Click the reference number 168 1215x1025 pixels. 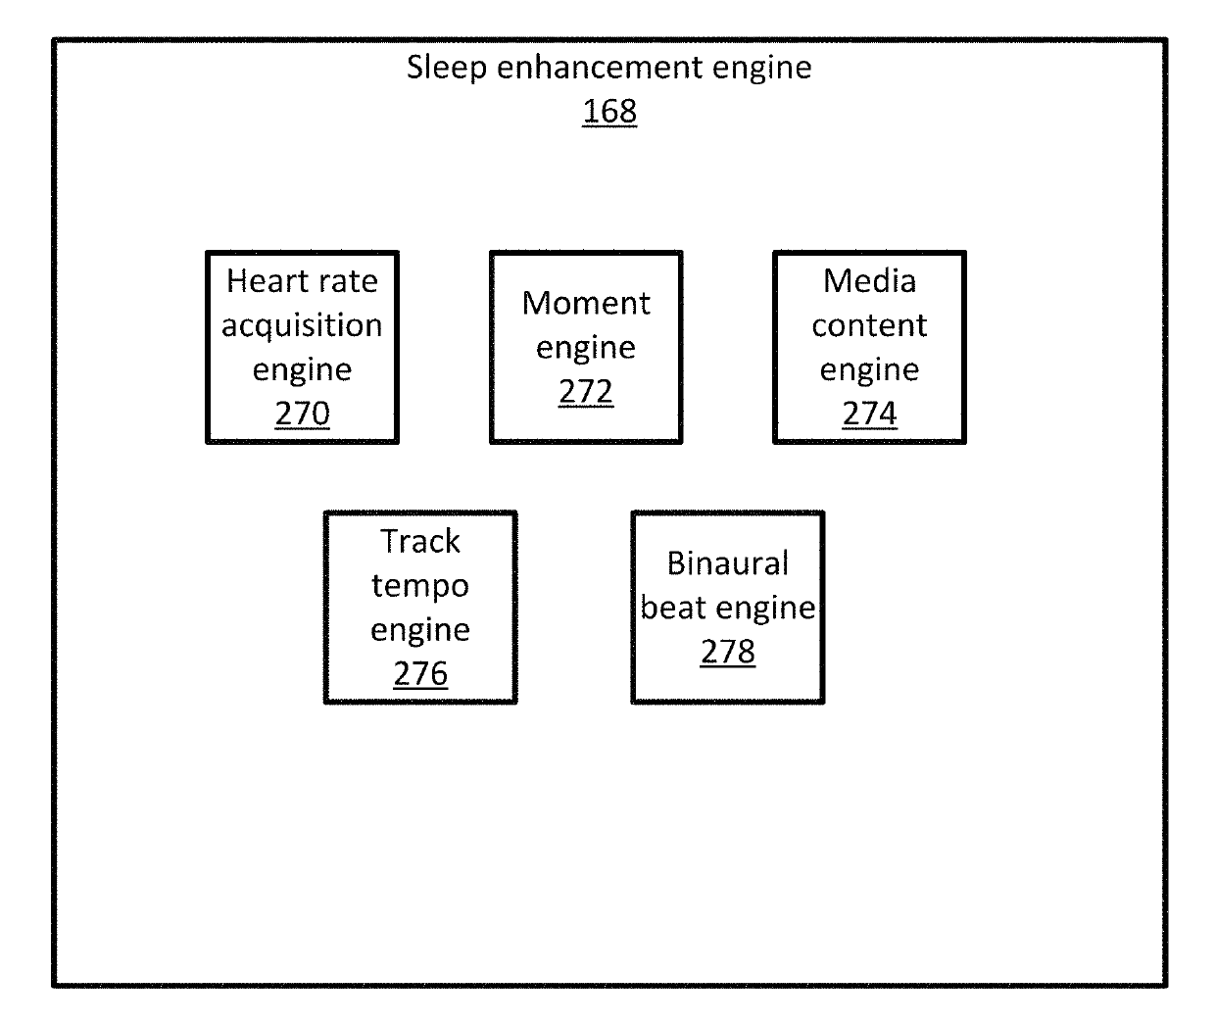pos(609,112)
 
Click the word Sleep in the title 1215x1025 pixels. pos(447,68)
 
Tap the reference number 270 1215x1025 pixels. pos(302,414)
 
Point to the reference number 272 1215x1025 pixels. pos(586,392)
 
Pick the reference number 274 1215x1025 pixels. pos(869,414)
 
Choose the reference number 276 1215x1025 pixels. pos(420,674)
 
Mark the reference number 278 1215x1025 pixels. pos(728,652)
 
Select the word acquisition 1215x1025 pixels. pos(302,325)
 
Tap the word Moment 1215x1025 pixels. pos(586,303)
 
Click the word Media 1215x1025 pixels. pos(869,281)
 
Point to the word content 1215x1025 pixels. pos(869,325)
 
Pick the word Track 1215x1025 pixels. pos(420,541)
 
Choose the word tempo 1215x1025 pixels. pos(420,586)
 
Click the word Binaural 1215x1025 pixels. pos(728,563)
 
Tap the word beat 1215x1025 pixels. pos(674,608)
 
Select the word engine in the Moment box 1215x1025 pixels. pos(586,348)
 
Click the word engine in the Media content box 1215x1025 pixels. pos(869,369)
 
